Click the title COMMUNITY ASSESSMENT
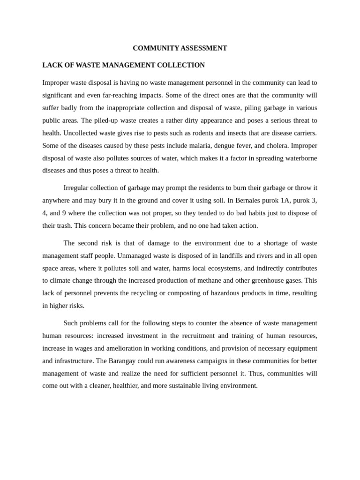180,48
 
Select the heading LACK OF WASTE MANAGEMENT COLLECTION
123,65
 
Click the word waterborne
299,158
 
